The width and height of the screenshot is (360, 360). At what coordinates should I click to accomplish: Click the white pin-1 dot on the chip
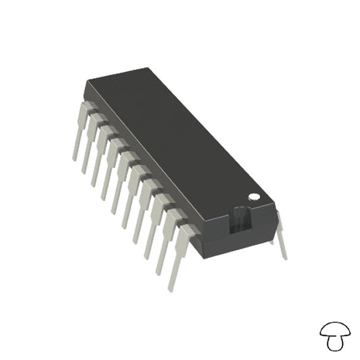click(x=252, y=198)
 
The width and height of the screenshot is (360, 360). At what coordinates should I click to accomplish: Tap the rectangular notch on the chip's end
click(x=242, y=222)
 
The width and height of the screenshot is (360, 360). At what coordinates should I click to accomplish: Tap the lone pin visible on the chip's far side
click(x=280, y=236)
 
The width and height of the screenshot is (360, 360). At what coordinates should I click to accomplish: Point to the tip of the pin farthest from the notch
click(x=75, y=159)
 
